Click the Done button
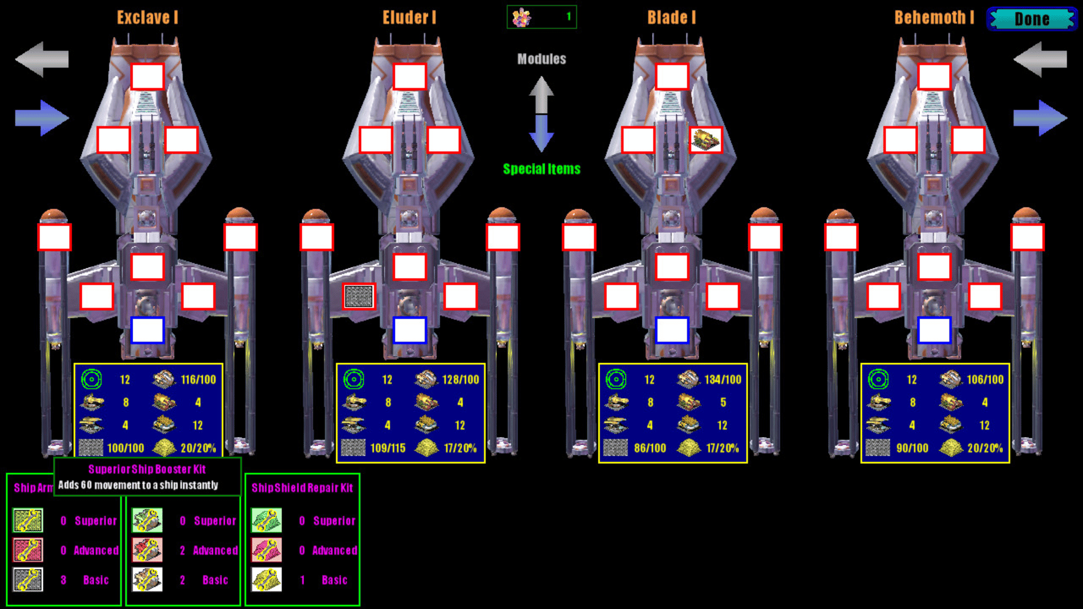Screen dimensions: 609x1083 [1032, 19]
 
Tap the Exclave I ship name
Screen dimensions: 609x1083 [147, 17]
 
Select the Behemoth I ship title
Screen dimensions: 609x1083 [934, 17]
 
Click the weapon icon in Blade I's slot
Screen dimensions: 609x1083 [706, 140]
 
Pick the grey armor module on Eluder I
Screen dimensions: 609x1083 [359, 296]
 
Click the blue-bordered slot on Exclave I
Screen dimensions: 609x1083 [147, 330]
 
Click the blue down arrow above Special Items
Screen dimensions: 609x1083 [541, 133]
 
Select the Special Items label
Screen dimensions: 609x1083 [541, 169]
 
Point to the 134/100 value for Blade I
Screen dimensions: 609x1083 [723, 379]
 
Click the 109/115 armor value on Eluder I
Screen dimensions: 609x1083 [388, 448]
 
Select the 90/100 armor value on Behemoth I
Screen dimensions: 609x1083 [912, 448]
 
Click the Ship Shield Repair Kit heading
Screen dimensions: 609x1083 [302, 488]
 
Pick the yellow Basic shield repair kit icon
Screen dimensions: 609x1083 [266, 580]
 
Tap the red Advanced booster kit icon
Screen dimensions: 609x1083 [147, 550]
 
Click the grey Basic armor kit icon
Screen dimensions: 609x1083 [28, 580]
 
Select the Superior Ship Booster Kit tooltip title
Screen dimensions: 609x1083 [147, 469]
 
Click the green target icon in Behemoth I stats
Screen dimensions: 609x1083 [878, 379]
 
